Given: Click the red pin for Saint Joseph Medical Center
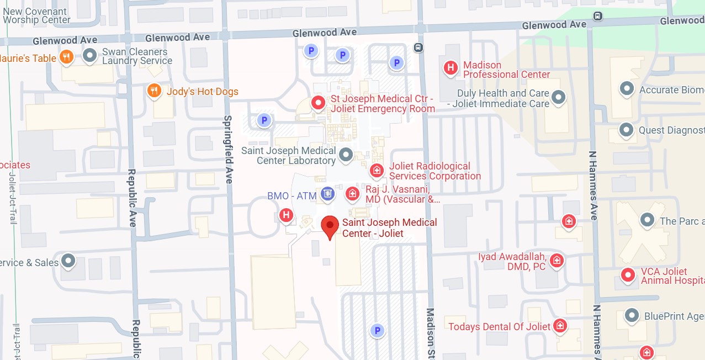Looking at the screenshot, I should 330,226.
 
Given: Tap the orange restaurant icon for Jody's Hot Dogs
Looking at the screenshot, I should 155,91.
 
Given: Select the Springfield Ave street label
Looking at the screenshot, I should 229,149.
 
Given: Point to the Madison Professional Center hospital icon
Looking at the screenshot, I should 450,68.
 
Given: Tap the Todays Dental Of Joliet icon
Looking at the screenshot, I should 560,325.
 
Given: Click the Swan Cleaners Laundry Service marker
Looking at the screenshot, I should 89,55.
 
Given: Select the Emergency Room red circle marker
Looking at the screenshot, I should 317,103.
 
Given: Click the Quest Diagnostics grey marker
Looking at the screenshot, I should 626,130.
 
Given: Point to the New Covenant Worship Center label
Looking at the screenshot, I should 36,15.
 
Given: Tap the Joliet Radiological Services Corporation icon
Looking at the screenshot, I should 377,171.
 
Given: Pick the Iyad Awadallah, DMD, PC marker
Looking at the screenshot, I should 557,261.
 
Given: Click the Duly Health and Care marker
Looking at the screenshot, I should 559,98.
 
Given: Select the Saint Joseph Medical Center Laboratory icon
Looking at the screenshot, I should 346,155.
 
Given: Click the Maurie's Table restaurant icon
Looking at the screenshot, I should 66,57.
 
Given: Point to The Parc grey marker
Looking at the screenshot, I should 646,220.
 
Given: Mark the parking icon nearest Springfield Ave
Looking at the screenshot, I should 264,120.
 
